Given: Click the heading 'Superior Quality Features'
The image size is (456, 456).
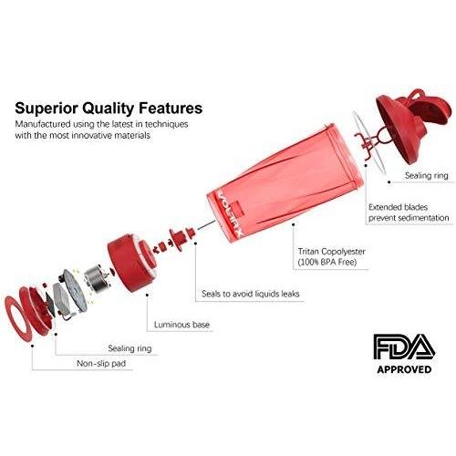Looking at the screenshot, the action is pyautogui.click(x=109, y=109).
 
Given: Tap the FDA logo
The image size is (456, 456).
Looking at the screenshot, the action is pyautogui.click(x=404, y=347).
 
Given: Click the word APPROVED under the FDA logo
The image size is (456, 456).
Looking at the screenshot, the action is pyautogui.click(x=404, y=369).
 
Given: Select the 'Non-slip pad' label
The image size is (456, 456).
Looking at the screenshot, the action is pyautogui.click(x=101, y=363).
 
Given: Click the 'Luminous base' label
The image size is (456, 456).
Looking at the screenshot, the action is pyautogui.click(x=181, y=325).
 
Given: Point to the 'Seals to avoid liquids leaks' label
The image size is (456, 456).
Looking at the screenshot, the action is pyautogui.click(x=251, y=294).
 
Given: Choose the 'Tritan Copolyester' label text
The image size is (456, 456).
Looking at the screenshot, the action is pyautogui.click(x=331, y=252).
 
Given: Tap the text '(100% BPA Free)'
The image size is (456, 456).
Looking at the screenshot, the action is pyautogui.click(x=327, y=262).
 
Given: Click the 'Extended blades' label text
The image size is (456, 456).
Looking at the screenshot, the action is pyautogui.click(x=398, y=207).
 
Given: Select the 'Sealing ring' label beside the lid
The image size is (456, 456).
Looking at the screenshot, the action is pyautogui.click(x=426, y=175).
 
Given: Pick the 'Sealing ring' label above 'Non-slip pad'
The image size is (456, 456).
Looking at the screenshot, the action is pyautogui.click(x=130, y=348).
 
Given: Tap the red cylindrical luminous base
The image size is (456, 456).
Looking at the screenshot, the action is pyautogui.click(x=131, y=263).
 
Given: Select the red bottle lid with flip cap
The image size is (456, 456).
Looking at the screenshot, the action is pyautogui.click(x=412, y=125).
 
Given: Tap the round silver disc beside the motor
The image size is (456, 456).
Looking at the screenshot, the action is pyautogui.click(x=74, y=290).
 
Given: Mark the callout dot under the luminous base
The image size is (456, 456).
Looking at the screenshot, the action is pyautogui.click(x=147, y=295).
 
